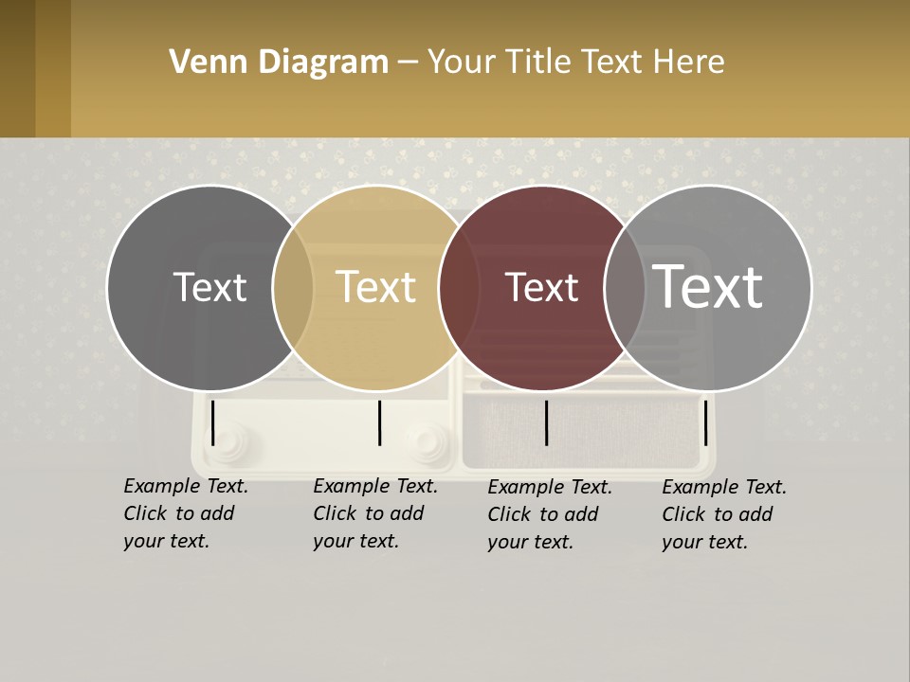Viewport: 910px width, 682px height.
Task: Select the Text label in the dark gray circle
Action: tap(209, 287)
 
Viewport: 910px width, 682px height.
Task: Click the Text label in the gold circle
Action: tap(376, 287)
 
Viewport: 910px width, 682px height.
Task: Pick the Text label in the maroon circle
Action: tap(541, 287)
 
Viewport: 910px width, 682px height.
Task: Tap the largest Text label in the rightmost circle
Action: tap(708, 287)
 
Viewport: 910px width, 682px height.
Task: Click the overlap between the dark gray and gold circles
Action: tap(293, 287)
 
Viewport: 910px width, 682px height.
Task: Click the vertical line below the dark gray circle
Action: tap(213, 422)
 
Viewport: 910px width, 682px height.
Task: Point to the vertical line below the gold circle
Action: tap(380, 422)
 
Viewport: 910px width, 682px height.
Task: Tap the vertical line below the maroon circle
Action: tap(547, 422)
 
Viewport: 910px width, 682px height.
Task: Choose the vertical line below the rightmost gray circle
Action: tap(705, 422)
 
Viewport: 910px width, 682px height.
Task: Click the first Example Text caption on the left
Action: tap(186, 513)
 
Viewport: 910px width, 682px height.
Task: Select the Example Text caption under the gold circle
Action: tap(375, 513)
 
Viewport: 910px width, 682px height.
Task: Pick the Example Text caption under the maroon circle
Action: tap(550, 514)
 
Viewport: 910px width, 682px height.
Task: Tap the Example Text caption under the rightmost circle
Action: tap(724, 514)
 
